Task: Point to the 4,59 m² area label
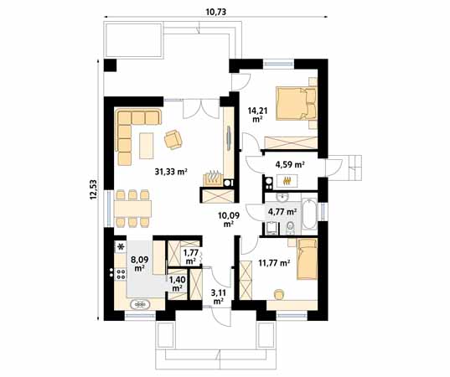point(290,164)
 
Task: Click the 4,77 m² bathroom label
point(280,211)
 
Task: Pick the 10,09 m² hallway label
point(228,219)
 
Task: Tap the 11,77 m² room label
point(273,262)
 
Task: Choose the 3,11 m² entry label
point(218,295)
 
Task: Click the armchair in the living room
point(174,139)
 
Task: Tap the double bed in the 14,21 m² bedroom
point(297,103)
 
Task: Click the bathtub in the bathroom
point(309,214)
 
